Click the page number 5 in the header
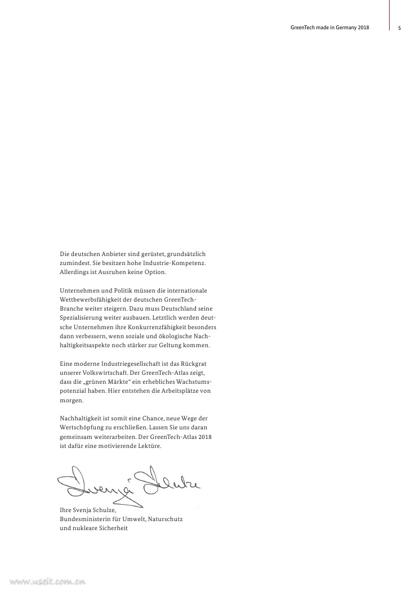click(399, 28)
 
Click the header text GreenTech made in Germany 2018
click(326, 28)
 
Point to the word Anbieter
click(113, 254)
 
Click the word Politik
click(116, 290)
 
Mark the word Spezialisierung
click(83, 317)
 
